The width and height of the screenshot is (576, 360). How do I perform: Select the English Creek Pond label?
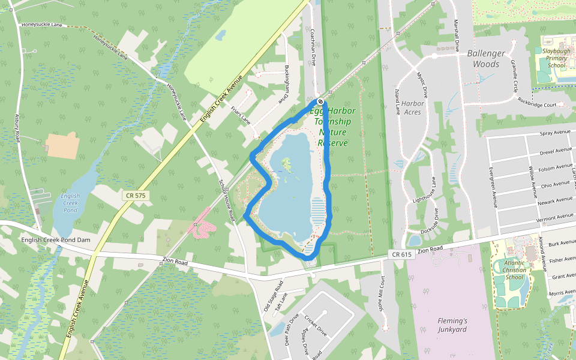(71, 203)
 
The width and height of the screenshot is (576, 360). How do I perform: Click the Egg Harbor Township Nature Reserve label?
(332, 127)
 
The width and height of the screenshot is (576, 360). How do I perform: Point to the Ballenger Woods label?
(486, 58)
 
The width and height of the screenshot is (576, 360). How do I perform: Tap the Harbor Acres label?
(412, 107)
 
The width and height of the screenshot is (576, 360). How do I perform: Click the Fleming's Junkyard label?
(452, 325)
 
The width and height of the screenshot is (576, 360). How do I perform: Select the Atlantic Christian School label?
(514, 270)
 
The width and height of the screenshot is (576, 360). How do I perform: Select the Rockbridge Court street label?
(541, 103)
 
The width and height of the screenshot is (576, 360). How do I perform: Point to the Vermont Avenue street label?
(555, 216)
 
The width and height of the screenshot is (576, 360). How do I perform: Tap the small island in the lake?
(287, 163)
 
